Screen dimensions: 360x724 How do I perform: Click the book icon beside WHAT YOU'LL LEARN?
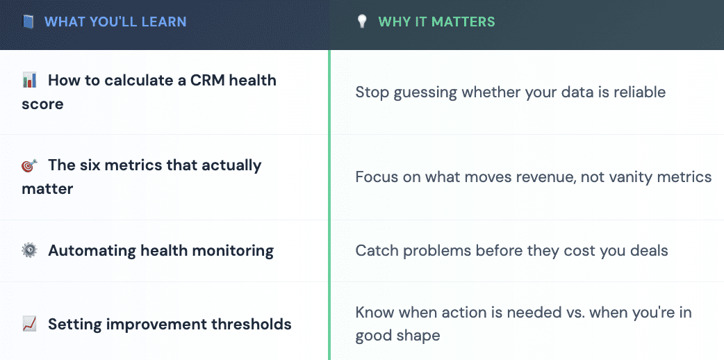click(x=28, y=22)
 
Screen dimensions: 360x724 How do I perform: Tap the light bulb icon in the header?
click(x=361, y=22)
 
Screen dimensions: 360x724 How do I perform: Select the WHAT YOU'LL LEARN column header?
click(x=115, y=22)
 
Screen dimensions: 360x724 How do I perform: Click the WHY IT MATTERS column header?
click(x=436, y=22)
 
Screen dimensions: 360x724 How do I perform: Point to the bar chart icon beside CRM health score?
click(x=29, y=81)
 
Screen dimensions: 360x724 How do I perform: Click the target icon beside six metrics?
click(x=29, y=166)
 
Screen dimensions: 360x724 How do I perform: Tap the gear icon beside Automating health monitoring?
click(x=29, y=251)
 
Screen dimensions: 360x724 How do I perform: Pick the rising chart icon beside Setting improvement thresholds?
click(x=29, y=324)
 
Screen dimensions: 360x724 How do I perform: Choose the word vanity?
click(x=628, y=177)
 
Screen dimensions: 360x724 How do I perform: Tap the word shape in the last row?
click(x=419, y=336)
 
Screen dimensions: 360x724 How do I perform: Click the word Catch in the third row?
click(x=375, y=251)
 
